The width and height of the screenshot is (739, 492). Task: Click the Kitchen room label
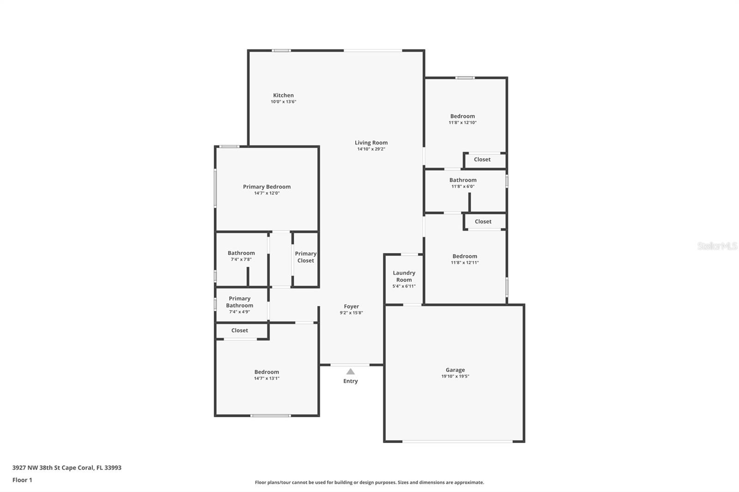click(x=283, y=96)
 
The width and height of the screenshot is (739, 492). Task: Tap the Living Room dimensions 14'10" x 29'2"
click(x=371, y=149)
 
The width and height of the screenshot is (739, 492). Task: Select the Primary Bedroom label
click(x=267, y=187)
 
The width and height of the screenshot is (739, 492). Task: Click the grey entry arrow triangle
click(x=351, y=372)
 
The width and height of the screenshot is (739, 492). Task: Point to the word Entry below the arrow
click(x=351, y=381)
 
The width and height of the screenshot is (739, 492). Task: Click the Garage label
click(x=455, y=370)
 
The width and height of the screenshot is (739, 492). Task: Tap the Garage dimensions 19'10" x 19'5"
click(x=455, y=377)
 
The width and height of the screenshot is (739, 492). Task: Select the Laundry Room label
click(x=404, y=276)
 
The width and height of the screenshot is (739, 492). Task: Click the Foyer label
click(x=351, y=306)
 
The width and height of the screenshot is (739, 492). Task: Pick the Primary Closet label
click(x=306, y=257)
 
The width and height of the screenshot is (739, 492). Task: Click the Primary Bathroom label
click(x=239, y=302)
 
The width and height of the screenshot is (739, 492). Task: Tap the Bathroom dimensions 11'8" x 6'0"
click(x=463, y=186)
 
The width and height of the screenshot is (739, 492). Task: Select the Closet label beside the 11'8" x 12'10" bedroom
click(x=482, y=160)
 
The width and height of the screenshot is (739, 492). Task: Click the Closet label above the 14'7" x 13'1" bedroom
click(x=239, y=330)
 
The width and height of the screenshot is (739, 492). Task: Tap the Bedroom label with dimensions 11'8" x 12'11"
click(x=465, y=256)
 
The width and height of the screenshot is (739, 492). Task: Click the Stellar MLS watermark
click(x=717, y=246)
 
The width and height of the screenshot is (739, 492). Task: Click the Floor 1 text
click(x=22, y=480)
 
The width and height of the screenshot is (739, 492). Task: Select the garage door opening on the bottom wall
click(x=457, y=442)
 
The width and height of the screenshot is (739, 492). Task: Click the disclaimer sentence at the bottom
click(x=369, y=482)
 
